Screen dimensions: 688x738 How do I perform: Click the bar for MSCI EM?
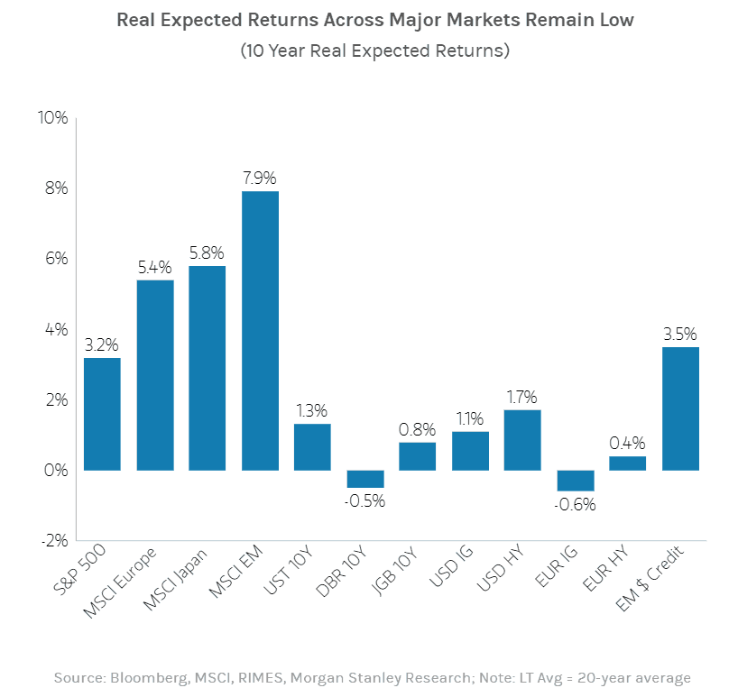(x=260, y=330)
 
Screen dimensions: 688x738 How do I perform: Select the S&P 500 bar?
(x=102, y=414)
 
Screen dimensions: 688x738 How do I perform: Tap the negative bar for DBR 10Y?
(x=365, y=479)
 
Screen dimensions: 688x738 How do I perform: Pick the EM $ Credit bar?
(x=680, y=408)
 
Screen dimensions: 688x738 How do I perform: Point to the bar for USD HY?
(x=522, y=440)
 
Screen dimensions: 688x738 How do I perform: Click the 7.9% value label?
(x=260, y=177)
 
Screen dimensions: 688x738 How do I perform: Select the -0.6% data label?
(x=575, y=505)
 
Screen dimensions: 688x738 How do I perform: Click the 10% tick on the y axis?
(x=52, y=118)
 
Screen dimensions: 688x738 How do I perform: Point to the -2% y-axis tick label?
(x=54, y=541)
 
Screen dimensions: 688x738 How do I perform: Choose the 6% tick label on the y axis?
(x=56, y=259)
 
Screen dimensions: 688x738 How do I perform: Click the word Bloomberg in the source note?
(x=139, y=677)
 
